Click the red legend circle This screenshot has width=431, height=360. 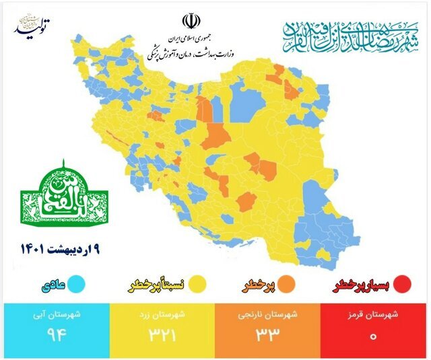pos(402,285)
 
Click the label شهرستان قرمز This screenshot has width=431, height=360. pos(374,314)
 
